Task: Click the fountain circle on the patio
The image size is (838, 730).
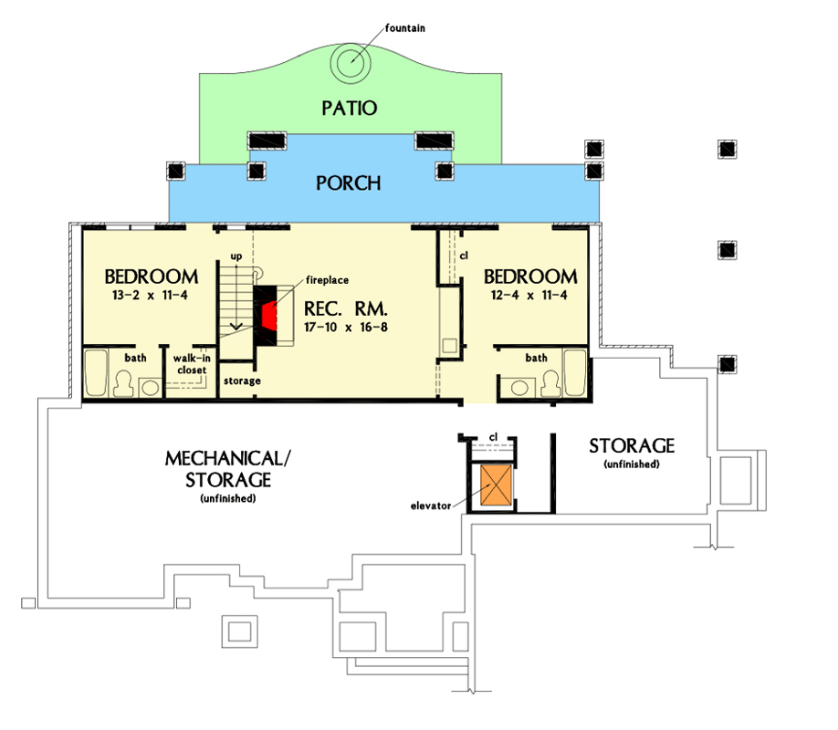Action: point(350,63)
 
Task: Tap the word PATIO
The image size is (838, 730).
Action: point(350,108)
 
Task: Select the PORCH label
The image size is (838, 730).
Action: point(349,183)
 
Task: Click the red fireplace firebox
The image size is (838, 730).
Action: point(269,317)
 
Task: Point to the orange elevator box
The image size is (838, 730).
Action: point(496,485)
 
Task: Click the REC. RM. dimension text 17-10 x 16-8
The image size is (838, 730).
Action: point(346,327)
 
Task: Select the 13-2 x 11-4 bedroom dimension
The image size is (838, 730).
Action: point(150,295)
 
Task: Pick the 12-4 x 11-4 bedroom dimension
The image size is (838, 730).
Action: point(529,295)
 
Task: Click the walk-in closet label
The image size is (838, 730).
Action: point(192,364)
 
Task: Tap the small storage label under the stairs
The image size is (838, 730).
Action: point(242,381)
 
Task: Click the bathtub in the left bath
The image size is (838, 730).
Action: point(96,372)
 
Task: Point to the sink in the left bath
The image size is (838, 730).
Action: point(151,388)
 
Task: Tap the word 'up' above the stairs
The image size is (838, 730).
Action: point(236,256)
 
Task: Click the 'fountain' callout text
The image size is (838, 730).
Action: point(405,27)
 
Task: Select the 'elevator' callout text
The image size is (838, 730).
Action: point(431,506)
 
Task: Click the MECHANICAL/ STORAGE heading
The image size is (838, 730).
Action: point(228,469)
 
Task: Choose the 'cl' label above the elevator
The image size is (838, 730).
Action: point(493,437)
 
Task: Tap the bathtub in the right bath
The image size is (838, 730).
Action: point(575,372)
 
